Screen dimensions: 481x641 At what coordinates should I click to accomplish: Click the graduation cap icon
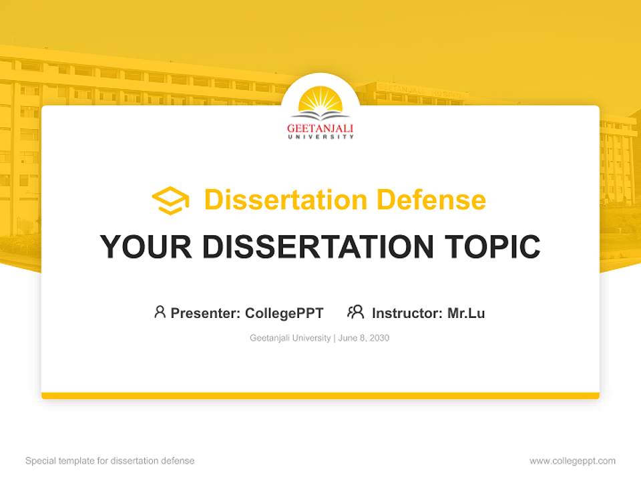tap(170, 200)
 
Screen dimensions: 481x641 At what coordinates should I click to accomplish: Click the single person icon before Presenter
tap(160, 312)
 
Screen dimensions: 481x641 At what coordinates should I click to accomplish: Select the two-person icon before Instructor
tap(355, 312)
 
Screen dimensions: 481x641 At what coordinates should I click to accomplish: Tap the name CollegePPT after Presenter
tap(284, 313)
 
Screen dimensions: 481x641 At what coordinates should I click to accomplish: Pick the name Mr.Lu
tap(466, 313)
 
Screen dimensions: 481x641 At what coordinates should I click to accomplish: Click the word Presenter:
tap(206, 313)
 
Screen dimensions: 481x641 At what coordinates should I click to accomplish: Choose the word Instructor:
tap(407, 313)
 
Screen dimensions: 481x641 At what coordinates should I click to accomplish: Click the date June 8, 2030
tap(364, 338)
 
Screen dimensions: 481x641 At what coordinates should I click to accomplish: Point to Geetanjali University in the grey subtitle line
tap(290, 338)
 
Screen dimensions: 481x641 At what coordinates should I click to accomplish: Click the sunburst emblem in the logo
tap(320, 104)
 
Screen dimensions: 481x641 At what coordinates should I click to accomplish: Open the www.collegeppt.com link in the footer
tap(572, 461)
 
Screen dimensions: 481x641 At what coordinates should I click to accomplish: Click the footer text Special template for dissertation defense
tap(110, 461)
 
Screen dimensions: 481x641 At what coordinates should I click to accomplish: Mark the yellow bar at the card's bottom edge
tap(320, 395)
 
